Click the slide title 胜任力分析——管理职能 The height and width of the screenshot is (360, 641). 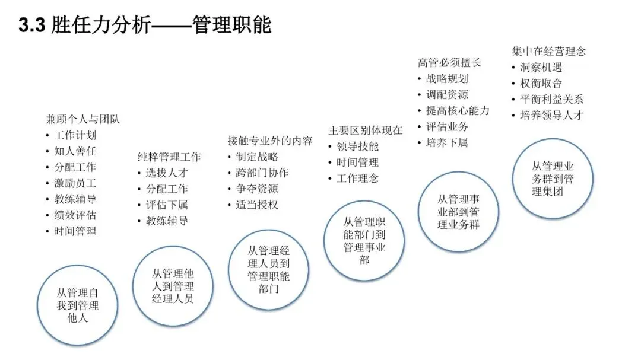pyautogui.click(x=145, y=25)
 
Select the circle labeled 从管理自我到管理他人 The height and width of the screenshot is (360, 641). pyautogui.click(x=78, y=305)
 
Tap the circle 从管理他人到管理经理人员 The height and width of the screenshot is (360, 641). pyautogui.click(x=173, y=286)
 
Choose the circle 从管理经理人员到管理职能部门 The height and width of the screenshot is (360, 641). pyautogui.click(x=268, y=270)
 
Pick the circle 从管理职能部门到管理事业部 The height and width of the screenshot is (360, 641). pyautogui.click(x=364, y=240)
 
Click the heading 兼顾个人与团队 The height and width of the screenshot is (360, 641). pyautogui.click(x=83, y=119)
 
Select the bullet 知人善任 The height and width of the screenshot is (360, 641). pyautogui.click(x=75, y=151)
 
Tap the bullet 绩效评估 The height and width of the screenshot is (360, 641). pyautogui.click(x=75, y=215)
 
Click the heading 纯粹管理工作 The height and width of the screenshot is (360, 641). pyautogui.click(x=169, y=157)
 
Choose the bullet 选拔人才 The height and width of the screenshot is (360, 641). pyautogui.click(x=167, y=173)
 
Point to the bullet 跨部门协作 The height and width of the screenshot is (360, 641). pyautogui.click(x=262, y=173)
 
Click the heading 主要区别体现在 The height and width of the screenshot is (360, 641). pyautogui.click(x=366, y=130)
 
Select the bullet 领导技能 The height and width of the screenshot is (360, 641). pyautogui.click(x=357, y=146)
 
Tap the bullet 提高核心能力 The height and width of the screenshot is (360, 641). pyautogui.click(x=458, y=110)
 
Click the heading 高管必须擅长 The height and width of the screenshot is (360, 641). pyautogui.click(x=449, y=62)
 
